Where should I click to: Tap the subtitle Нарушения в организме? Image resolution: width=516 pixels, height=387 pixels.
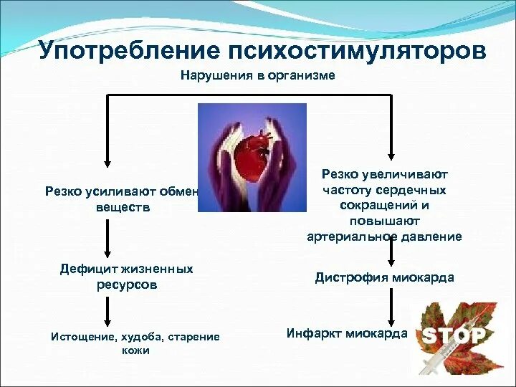257,75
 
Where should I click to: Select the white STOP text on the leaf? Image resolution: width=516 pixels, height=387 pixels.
453,335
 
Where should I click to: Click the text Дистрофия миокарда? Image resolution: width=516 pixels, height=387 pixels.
384,278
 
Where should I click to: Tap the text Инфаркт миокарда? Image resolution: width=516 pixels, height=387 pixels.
346,333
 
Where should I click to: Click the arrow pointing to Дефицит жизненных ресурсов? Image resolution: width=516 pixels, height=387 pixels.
107,238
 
